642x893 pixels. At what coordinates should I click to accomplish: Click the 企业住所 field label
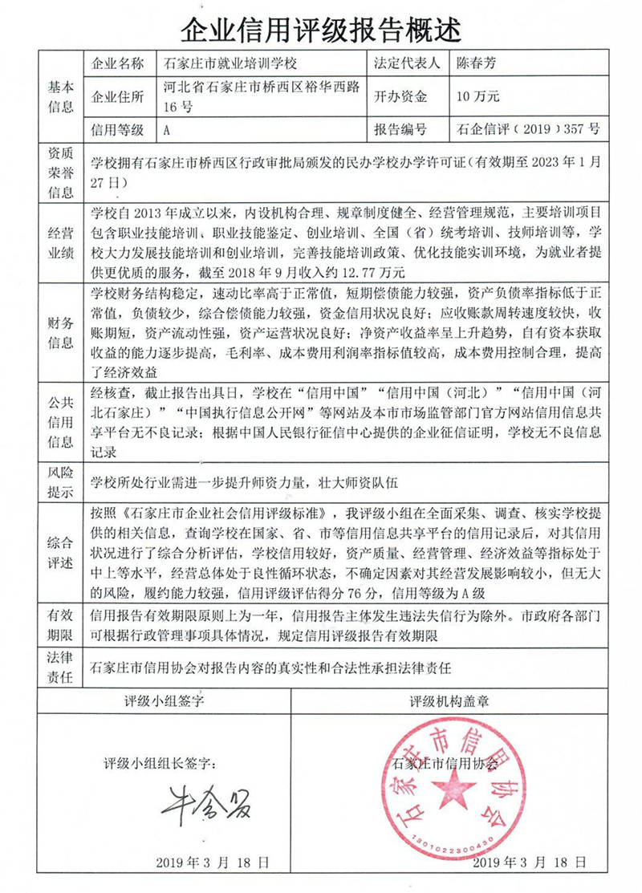click(118, 97)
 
